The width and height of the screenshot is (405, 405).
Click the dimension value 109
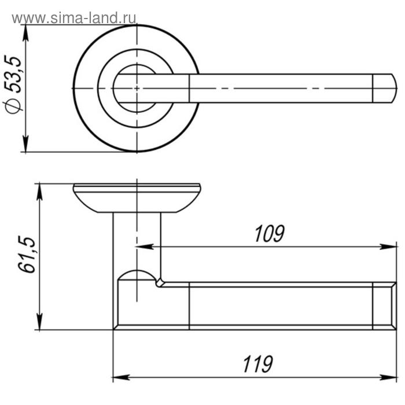pyautogui.click(x=269, y=234)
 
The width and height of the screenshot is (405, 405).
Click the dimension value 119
pyautogui.click(x=257, y=364)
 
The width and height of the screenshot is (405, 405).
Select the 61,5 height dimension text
pyautogui.click(x=27, y=255)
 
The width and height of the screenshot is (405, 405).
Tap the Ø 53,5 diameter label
pyautogui.click(x=13, y=84)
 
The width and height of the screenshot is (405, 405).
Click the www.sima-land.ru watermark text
pyautogui.click(x=74, y=18)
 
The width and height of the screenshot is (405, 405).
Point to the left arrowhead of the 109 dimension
pyautogui.click(x=144, y=246)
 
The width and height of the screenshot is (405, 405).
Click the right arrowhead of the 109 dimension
pyautogui.click(x=388, y=246)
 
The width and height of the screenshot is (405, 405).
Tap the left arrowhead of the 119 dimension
pyautogui.click(x=122, y=377)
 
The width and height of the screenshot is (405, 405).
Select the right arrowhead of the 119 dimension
pyautogui.click(x=388, y=377)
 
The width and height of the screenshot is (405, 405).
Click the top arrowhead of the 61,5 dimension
pyautogui.click(x=39, y=192)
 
